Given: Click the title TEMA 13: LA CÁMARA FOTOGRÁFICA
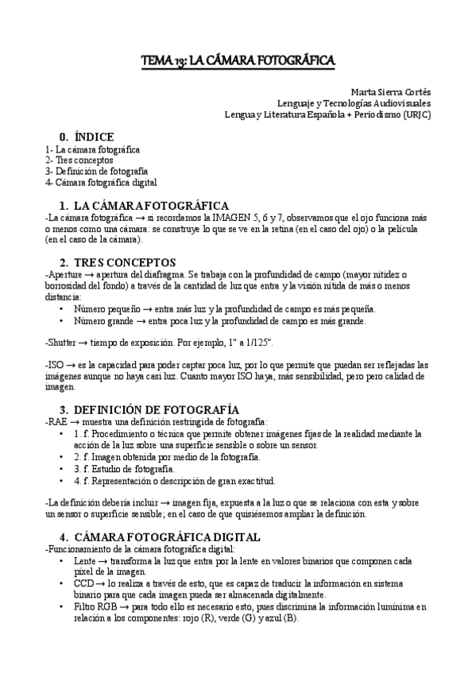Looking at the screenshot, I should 238,60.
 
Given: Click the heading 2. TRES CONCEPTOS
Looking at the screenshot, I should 118,261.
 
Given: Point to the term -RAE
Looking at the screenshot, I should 57,421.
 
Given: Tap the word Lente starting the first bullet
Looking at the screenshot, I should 85,560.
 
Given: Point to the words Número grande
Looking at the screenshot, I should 105,321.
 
